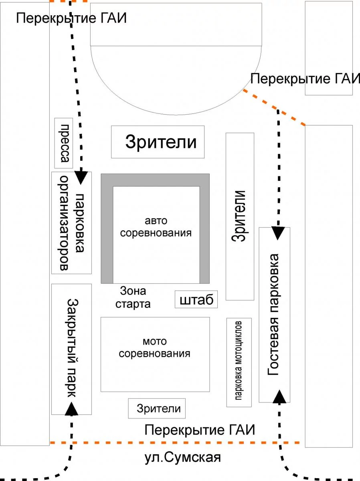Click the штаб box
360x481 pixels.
click(x=196, y=299)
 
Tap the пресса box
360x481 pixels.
click(x=63, y=143)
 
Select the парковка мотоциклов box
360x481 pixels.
click(x=239, y=362)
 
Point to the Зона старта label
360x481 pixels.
click(x=133, y=297)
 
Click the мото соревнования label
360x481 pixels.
click(x=155, y=348)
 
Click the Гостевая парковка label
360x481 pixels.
click(x=274, y=314)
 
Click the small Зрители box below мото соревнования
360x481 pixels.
click(x=157, y=408)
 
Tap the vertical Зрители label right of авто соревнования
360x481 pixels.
click(x=240, y=216)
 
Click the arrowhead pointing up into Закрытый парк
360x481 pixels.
click(x=72, y=409)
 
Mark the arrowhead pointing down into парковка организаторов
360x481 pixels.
click(x=82, y=177)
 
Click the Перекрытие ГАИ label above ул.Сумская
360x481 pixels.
click(x=200, y=430)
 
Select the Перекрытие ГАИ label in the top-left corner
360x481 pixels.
click(x=71, y=18)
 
